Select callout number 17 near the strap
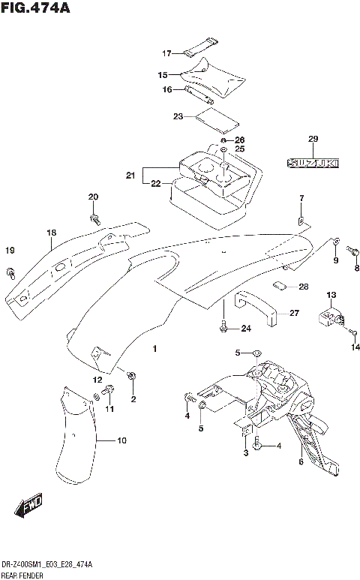point(167,53)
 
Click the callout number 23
point(178,116)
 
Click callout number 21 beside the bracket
point(130,176)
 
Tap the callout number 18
point(51,233)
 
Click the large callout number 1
point(154,349)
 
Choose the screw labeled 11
point(109,389)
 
